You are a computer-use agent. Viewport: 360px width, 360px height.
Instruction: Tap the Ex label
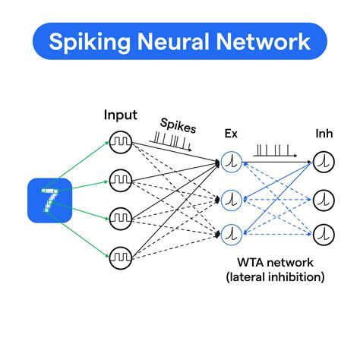[x=231, y=134]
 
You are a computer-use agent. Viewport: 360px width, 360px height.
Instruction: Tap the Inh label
[x=324, y=134]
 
